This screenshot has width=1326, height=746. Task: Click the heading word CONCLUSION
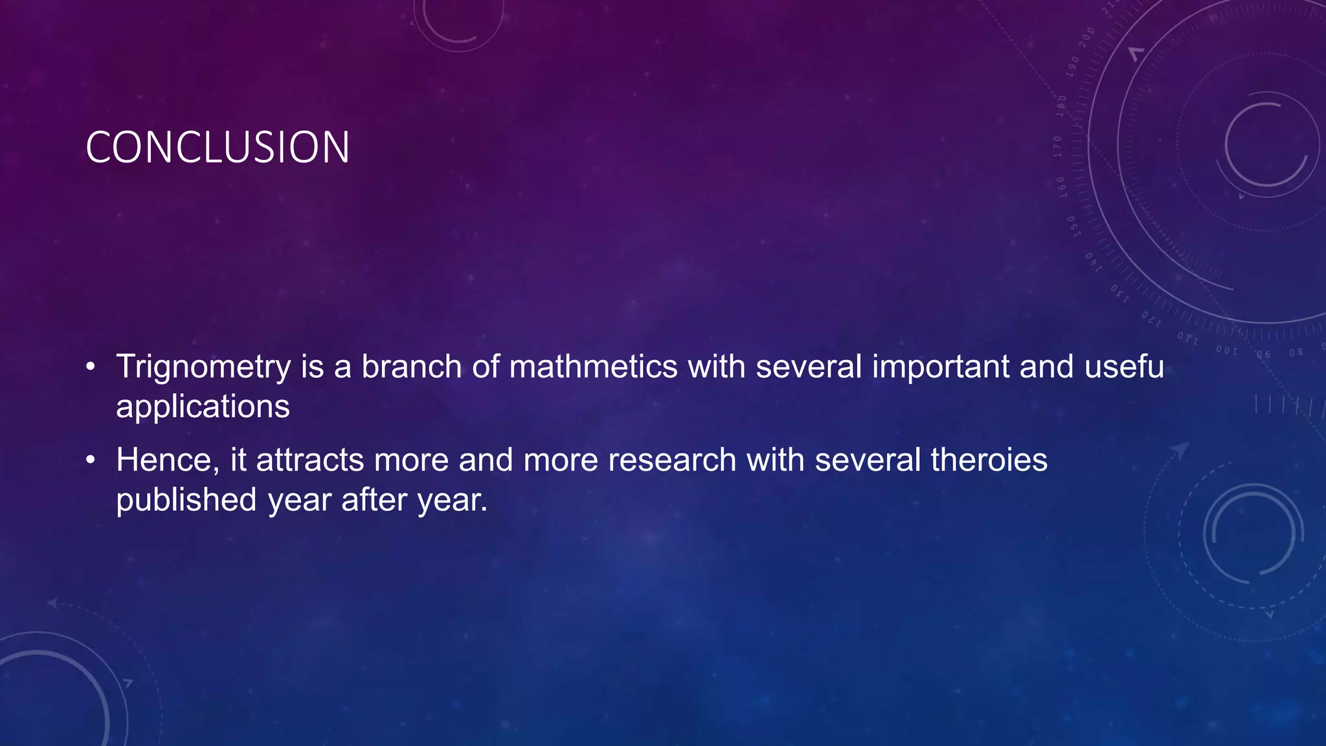pos(218,148)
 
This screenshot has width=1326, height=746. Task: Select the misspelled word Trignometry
pos(203,367)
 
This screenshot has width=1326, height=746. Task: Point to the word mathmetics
pos(593,367)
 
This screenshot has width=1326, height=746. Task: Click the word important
pos(940,367)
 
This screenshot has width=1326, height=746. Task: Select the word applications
pos(203,407)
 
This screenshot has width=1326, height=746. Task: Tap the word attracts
pos(310,460)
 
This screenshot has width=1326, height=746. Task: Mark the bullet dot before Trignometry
pos(91,367)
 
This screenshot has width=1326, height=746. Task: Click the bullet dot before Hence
pos(91,460)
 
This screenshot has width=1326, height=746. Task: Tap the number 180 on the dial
pos(1061,105)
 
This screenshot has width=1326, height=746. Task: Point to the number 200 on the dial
pos(1086,38)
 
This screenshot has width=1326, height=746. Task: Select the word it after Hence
pos(238,460)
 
